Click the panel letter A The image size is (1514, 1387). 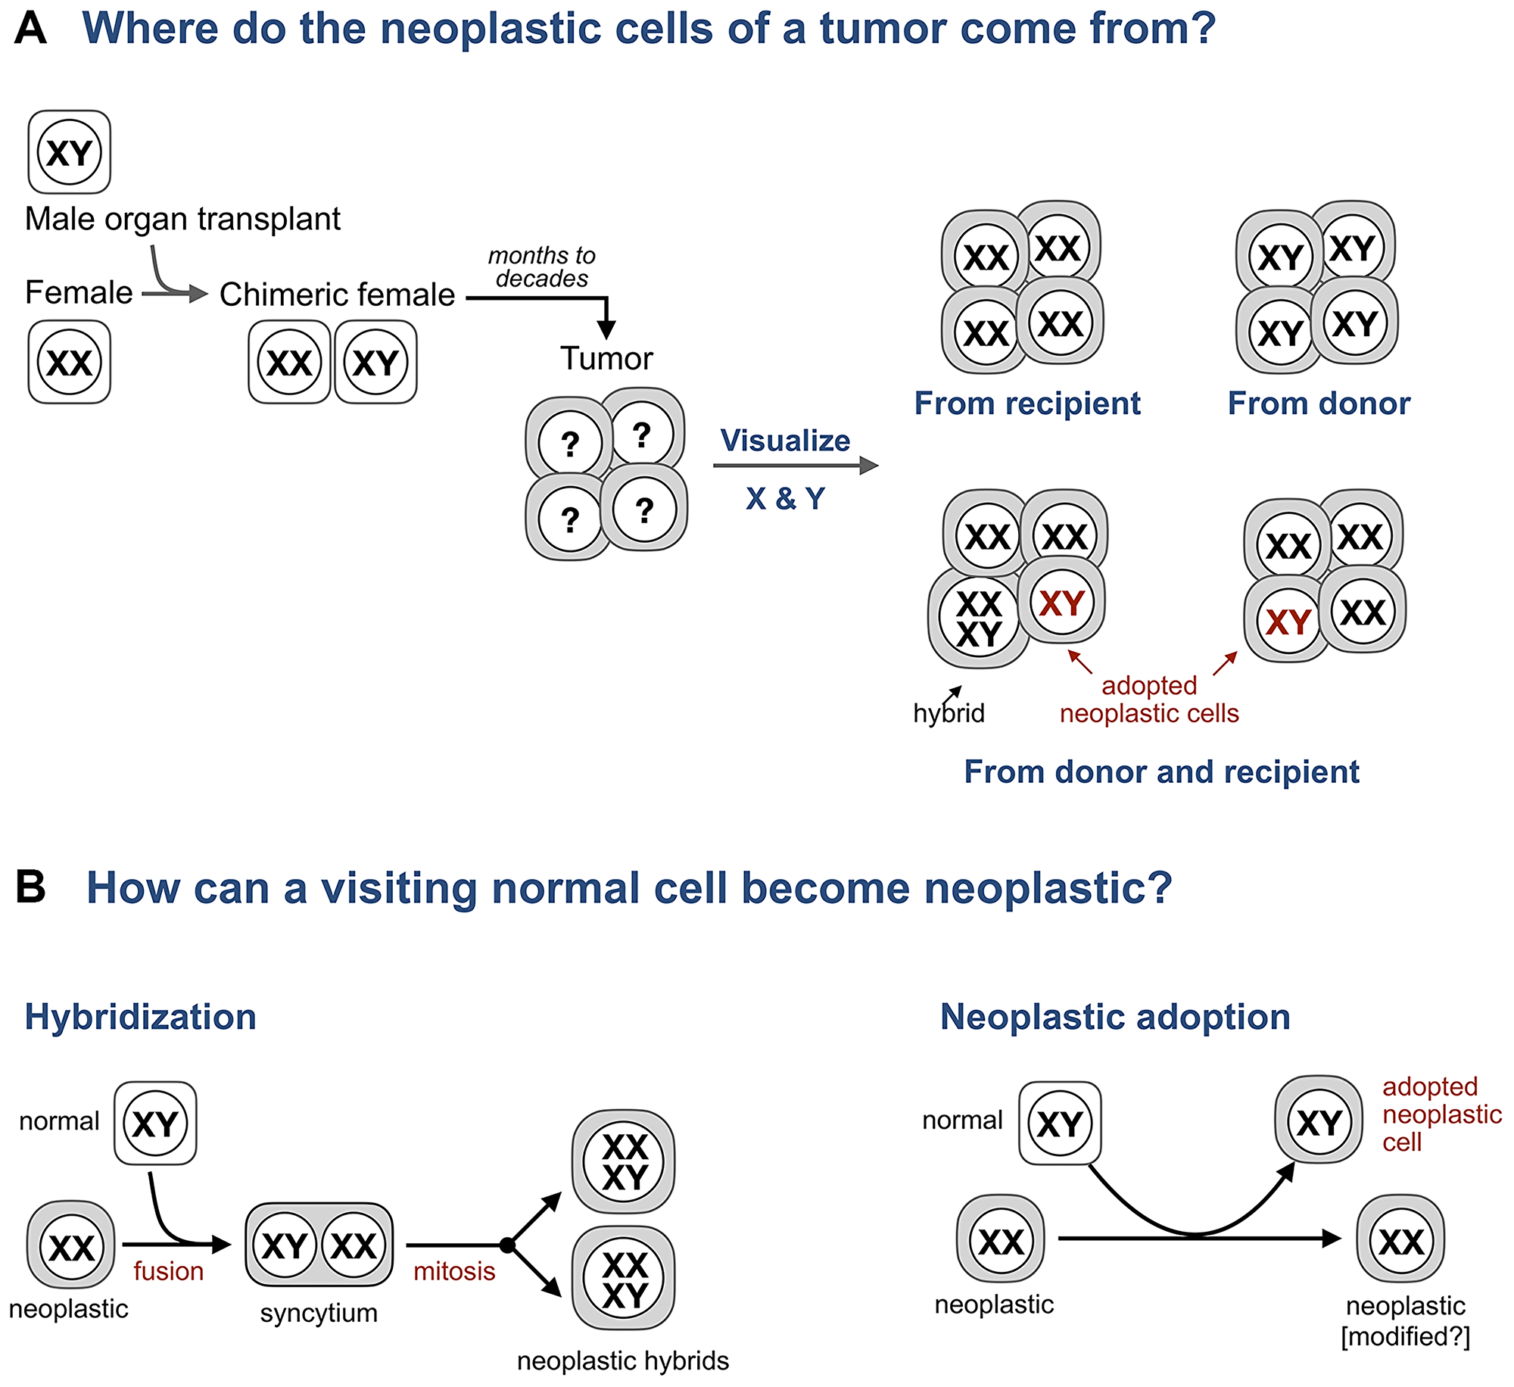click(30, 28)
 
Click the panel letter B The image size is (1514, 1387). click(30, 887)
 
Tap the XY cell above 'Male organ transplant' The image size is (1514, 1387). click(70, 152)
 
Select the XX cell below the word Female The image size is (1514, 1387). click(70, 362)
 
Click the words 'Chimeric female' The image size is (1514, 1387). click(337, 295)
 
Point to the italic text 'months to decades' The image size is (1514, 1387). click(541, 267)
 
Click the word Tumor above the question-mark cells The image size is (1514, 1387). click(606, 358)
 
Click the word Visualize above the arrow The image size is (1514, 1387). click(785, 441)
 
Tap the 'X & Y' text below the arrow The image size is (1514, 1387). click(785, 498)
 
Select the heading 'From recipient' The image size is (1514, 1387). click(1026, 404)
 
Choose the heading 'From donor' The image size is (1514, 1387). click(1319, 404)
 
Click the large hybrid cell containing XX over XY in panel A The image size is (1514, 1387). click(978, 619)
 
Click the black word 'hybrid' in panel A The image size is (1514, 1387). click(949, 713)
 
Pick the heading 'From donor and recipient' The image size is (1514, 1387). click(1161, 772)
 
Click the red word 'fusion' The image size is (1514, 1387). click(168, 1271)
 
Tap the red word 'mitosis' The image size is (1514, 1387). click(454, 1271)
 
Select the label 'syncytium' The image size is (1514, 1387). click(319, 1313)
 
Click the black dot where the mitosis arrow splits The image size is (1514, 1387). click(507, 1245)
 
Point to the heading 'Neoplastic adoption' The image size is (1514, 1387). click(1114, 1017)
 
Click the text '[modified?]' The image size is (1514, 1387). click(1405, 1337)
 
